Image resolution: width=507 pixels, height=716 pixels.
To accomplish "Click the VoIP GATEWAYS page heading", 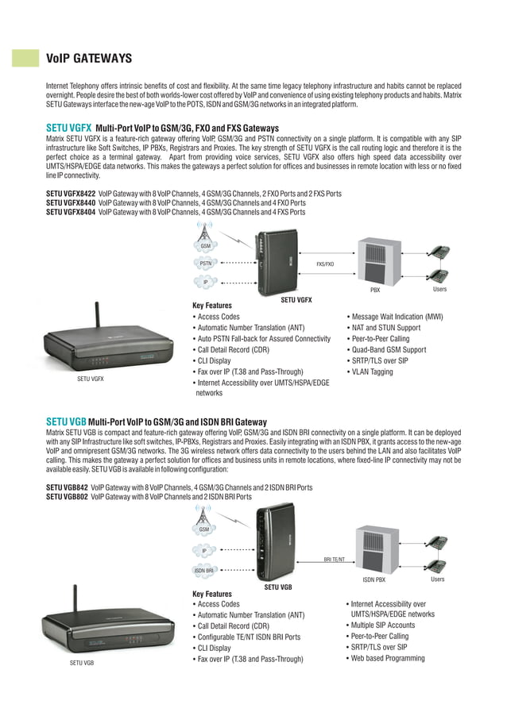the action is pyautogui.click(x=89, y=58).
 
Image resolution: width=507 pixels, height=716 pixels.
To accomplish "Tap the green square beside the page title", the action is pyautogui.click(x=25, y=58).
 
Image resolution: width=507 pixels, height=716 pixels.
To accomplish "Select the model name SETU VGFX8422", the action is pyautogui.click(x=71, y=193).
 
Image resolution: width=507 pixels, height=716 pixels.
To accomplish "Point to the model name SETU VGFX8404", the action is pyautogui.click(x=71, y=212).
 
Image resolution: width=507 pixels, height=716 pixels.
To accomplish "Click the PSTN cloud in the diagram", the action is pyautogui.click(x=205, y=264).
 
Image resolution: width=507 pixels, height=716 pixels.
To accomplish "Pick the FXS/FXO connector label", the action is pyautogui.click(x=325, y=264).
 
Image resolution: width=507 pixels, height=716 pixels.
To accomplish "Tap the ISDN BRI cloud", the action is pyautogui.click(x=204, y=570).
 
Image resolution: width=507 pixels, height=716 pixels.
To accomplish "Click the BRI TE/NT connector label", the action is pyautogui.click(x=334, y=560).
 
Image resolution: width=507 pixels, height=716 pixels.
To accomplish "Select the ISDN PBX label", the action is pyautogui.click(x=373, y=580).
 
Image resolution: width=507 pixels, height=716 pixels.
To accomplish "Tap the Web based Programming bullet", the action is pyautogui.click(x=387, y=658).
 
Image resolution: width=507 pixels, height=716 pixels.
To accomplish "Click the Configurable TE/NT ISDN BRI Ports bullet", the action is pyautogui.click(x=248, y=637).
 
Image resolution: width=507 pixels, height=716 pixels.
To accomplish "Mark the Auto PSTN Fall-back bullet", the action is pyautogui.click(x=263, y=339).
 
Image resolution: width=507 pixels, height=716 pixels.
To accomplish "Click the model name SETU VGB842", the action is pyautogui.click(x=67, y=487).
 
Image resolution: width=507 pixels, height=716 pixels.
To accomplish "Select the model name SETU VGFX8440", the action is pyautogui.click(x=71, y=202).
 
